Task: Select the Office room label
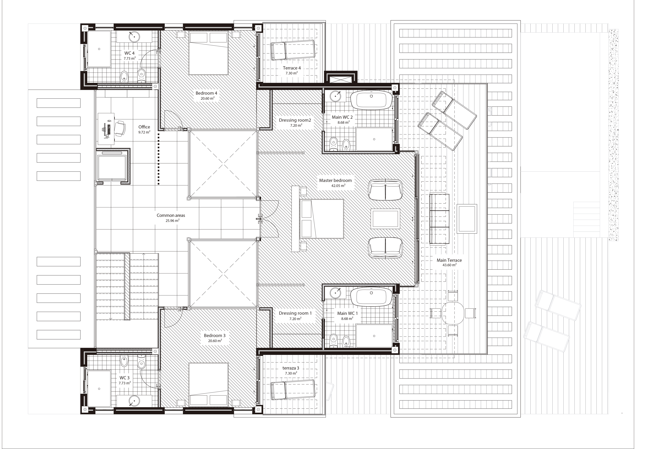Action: pos(144,127)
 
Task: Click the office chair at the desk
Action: pos(120,129)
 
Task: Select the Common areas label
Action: pos(171,215)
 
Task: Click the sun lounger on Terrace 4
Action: pos(292,50)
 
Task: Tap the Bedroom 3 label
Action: pos(215,336)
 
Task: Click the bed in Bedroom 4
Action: pos(208,53)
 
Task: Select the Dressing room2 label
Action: pos(295,120)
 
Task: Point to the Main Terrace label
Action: pos(449,260)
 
